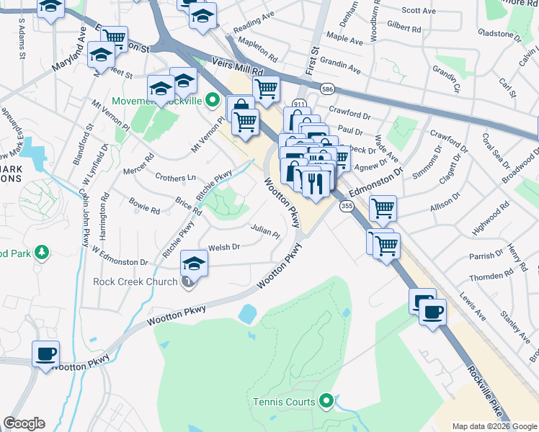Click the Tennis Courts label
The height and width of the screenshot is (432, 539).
click(x=283, y=402)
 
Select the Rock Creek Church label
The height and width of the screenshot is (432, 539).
click(x=135, y=281)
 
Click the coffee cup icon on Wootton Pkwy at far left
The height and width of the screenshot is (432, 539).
click(x=46, y=354)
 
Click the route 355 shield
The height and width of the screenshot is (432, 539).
click(x=347, y=206)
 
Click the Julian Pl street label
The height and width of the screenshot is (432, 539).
click(x=265, y=231)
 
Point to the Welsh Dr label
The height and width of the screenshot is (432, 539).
click(x=223, y=248)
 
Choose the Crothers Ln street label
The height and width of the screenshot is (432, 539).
click(x=175, y=177)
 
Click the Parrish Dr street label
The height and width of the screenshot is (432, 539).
click(x=485, y=256)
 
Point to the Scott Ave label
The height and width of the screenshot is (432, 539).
click(x=419, y=11)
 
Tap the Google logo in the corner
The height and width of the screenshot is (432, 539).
click(x=24, y=423)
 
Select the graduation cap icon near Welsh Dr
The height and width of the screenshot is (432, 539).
click(x=194, y=264)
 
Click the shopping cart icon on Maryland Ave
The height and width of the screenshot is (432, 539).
click(x=113, y=37)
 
